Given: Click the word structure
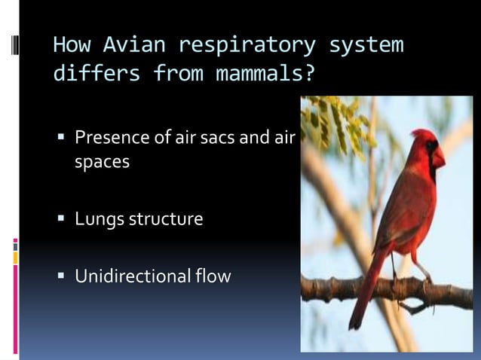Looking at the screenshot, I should pyautogui.click(x=165, y=219).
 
